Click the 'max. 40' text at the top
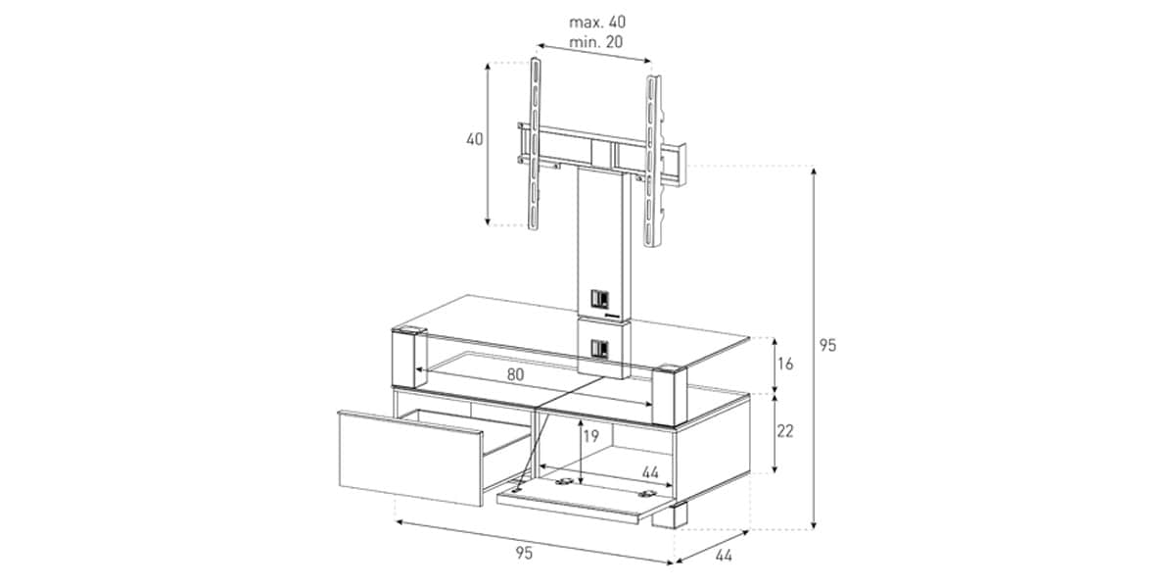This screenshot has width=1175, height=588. click(597, 22)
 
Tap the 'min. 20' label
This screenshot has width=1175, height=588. click(596, 42)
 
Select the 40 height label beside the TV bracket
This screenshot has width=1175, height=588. click(475, 139)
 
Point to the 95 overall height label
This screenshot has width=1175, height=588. click(827, 345)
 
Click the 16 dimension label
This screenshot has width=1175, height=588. click(785, 364)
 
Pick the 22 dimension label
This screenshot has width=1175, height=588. click(785, 431)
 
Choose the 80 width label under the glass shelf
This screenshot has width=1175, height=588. click(516, 374)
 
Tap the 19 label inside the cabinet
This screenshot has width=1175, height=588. click(591, 436)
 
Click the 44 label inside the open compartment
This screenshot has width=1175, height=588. click(650, 472)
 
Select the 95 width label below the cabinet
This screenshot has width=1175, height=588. click(524, 553)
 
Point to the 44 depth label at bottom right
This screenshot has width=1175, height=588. click(724, 556)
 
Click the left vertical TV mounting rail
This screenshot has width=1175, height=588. click(535, 143)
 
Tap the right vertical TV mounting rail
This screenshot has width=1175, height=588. click(653, 161)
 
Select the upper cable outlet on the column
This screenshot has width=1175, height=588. click(599, 299)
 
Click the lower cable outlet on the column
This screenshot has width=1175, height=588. click(599, 349)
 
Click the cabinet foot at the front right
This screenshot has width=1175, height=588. click(670, 515)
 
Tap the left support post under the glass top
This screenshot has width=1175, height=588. click(408, 358)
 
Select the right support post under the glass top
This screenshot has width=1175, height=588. click(670, 394)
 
